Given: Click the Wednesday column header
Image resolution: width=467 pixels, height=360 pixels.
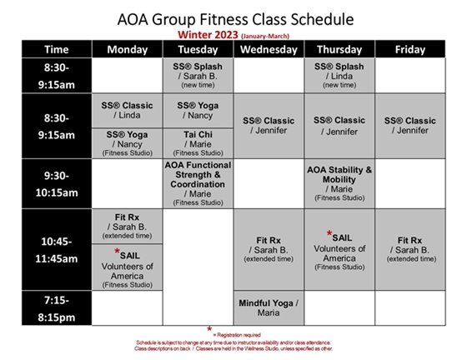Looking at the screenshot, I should pos(269,50).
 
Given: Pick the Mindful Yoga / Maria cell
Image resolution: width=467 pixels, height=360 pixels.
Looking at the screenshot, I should pos(269,307).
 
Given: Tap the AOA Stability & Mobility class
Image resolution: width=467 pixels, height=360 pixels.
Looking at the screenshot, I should pos(339,182).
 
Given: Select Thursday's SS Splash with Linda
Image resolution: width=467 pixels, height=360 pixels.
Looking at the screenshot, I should pos(339,76).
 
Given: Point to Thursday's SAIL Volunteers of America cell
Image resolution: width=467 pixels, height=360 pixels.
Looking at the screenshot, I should pos(339,250).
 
